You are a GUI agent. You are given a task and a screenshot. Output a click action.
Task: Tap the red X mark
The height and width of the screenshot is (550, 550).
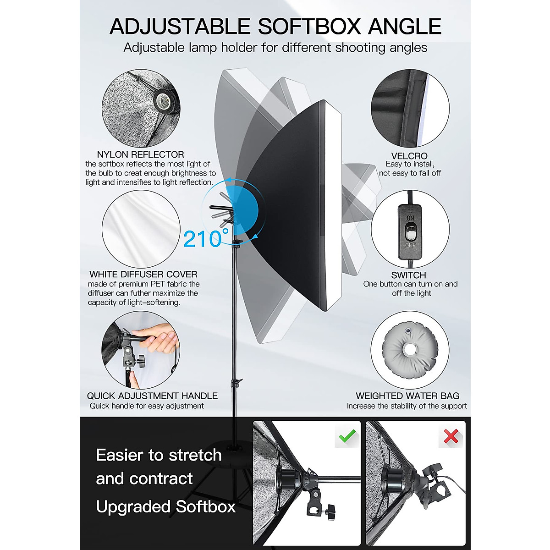click(451, 436)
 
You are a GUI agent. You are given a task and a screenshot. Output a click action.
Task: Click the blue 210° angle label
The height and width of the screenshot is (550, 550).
click(205, 239)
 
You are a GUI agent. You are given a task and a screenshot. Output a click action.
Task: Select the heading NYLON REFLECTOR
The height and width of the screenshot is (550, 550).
click(140, 154)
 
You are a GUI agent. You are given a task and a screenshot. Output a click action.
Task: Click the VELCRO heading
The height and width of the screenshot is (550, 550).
click(409, 156)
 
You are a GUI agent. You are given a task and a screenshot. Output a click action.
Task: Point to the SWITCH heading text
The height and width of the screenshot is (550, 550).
click(408, 275)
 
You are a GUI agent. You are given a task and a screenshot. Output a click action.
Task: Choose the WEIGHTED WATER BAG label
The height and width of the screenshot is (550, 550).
click(407, 396)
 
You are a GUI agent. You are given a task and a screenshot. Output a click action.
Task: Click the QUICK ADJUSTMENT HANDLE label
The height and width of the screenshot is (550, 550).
click(152, 396)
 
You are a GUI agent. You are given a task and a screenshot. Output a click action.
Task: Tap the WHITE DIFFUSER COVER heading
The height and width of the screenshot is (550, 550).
click(143, 274)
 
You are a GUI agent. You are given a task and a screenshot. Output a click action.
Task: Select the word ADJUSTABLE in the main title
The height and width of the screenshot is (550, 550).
click(180, 27)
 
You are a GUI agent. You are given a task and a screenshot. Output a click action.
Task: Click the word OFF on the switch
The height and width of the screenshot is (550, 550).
click(410, 246)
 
